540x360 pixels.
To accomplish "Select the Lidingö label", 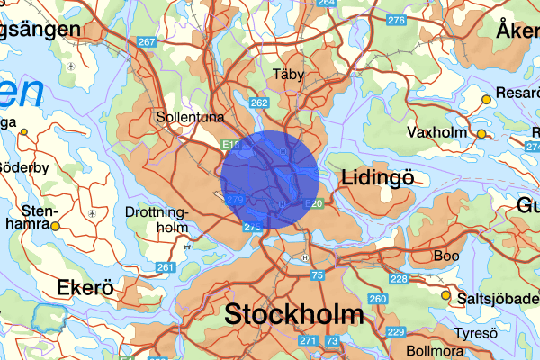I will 377,179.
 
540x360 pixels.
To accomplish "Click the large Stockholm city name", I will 294,315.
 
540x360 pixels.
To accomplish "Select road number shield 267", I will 147,42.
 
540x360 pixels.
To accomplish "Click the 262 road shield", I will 259,103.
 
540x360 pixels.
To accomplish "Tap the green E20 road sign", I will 314,203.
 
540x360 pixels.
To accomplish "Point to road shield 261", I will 165,267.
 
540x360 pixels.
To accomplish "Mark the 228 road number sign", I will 400,279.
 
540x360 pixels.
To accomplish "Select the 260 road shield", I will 377,299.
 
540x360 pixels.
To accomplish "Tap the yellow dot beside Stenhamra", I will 55,226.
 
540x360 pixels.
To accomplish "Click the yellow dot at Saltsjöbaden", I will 445,294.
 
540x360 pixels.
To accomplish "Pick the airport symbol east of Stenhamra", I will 93,213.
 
